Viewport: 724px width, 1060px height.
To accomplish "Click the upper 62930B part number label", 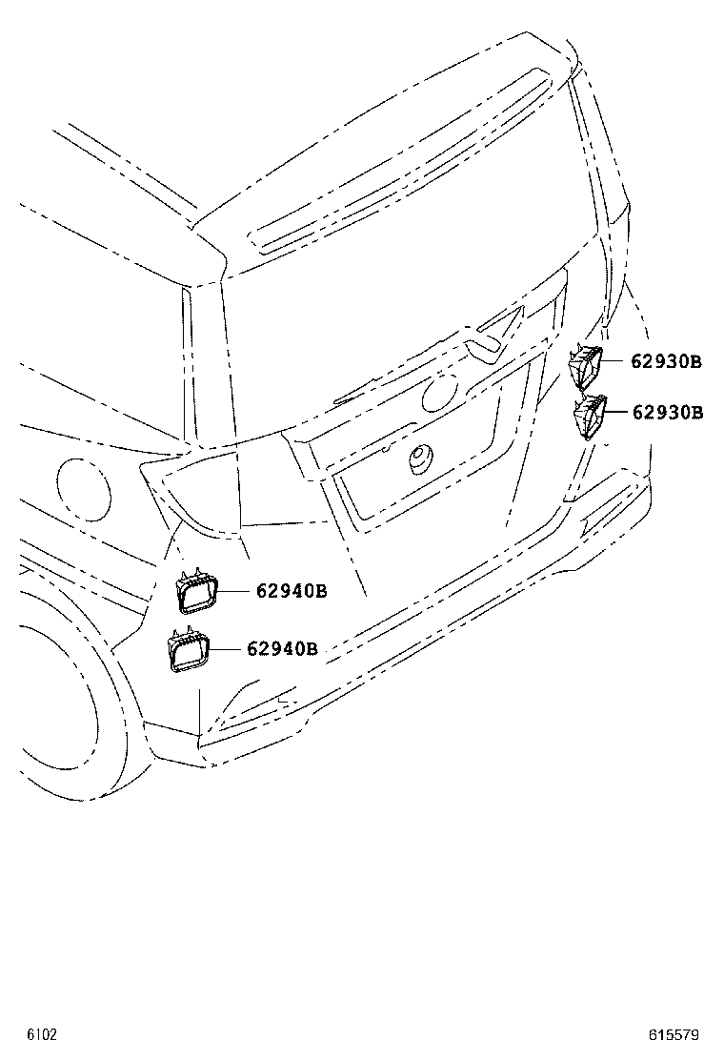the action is (667, 361).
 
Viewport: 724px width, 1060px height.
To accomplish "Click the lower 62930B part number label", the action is (668, 412).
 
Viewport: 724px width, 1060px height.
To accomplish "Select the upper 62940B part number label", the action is (292, 591).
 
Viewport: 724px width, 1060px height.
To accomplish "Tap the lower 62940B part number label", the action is (282, 648).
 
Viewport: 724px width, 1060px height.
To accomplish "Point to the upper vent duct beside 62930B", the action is (585, 366).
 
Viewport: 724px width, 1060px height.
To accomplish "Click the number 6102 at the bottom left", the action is (42, 1034).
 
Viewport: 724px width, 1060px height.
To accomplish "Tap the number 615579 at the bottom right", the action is (674, 1034).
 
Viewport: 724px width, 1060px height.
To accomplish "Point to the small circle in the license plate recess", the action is (422, 458).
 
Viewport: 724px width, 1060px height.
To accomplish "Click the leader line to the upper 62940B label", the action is (237, 591).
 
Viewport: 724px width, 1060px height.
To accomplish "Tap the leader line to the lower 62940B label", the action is (227, 649).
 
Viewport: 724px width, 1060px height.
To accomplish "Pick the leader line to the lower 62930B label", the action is (618, 411).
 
